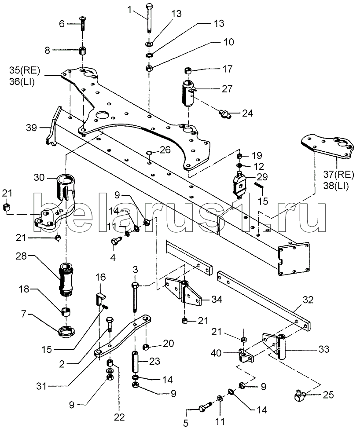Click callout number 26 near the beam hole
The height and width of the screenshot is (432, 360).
click(x=165, y=150)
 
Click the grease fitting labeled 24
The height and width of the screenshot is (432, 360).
click(x=225, y=114)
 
